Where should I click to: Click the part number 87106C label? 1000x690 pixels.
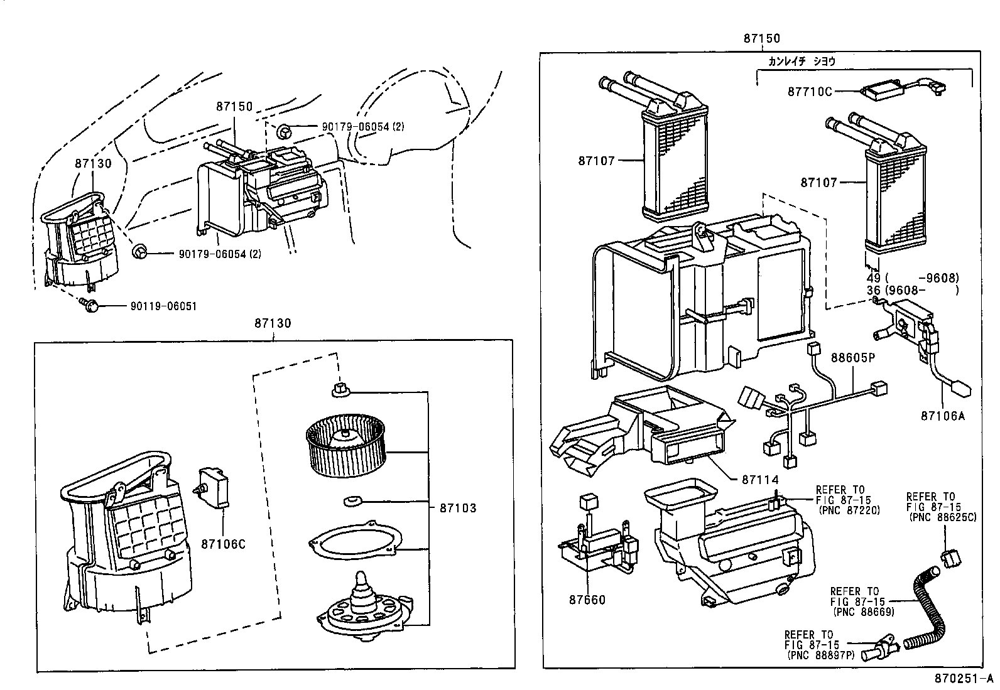click(x=223, y=544)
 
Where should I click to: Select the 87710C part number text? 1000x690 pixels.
click(x=810, y=92)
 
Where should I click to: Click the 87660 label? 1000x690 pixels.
click(x=587, y=600)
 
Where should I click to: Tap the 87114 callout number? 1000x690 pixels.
click(x=760, y=479)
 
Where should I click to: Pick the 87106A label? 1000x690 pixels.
click(x=942, y=415)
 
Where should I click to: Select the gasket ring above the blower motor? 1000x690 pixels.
click(x=354, y=541)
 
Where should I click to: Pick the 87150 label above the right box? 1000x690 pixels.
click(x=761, y=38)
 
